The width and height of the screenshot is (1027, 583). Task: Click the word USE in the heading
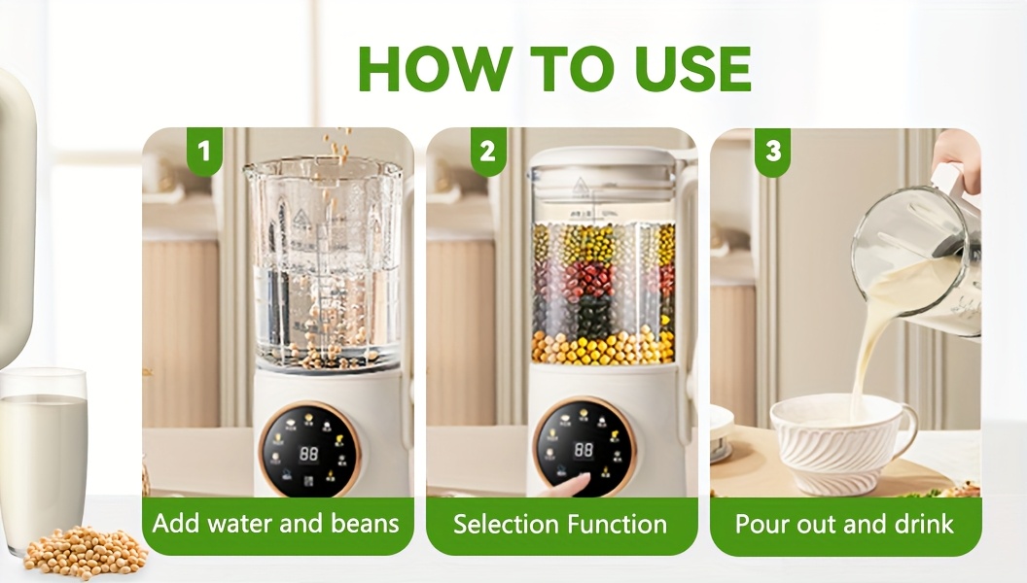(692, 68)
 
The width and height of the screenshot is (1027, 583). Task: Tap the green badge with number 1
(203, 152)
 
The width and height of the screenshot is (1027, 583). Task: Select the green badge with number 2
(487, 152)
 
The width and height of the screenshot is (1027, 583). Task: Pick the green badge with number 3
(772, 152)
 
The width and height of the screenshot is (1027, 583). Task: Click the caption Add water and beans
(276, 524)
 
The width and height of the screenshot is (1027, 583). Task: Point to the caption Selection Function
(560, 525)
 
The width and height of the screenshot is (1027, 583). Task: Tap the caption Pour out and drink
(844, 525)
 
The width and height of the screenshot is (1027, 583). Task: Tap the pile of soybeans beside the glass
(85, 552)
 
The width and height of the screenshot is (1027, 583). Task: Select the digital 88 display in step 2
(584, 450)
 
